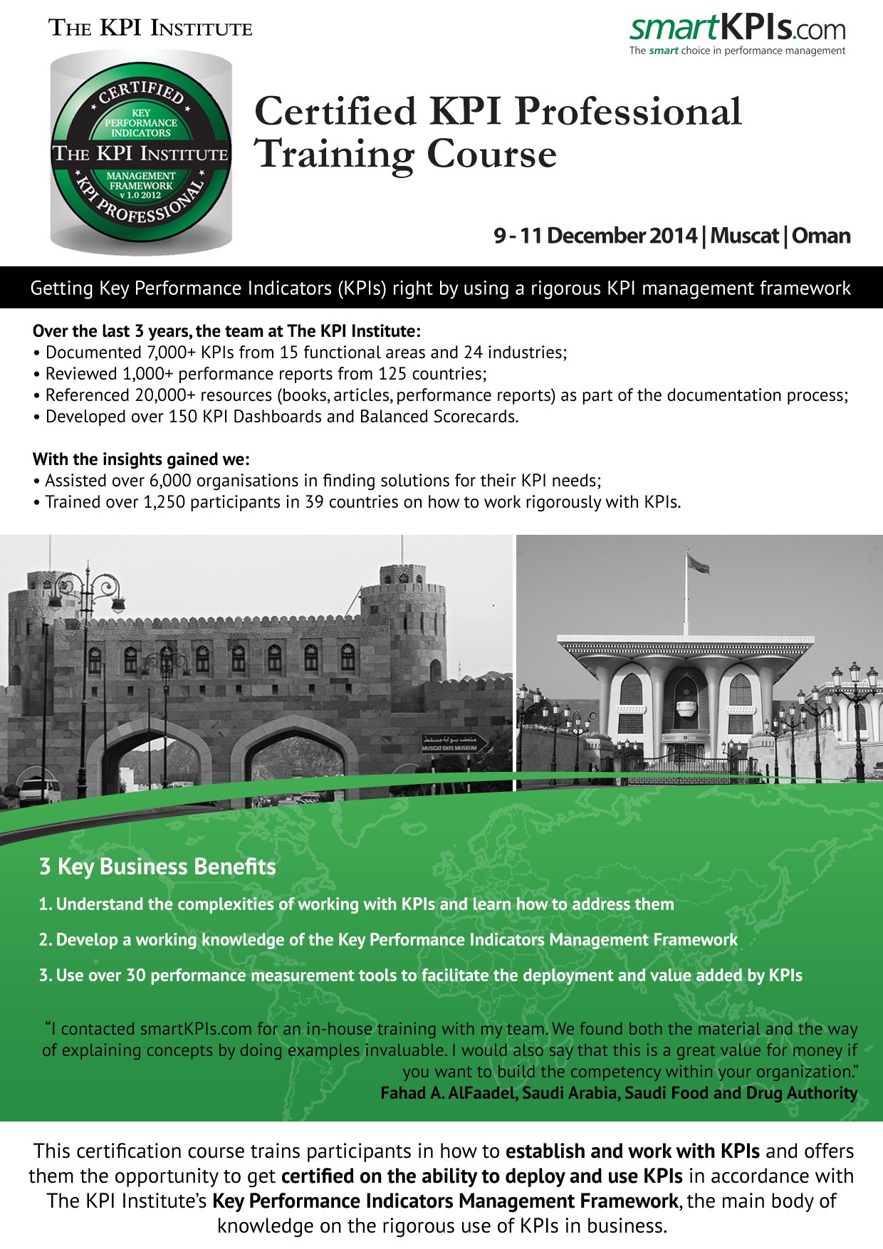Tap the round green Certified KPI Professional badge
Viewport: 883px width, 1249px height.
[141, 153]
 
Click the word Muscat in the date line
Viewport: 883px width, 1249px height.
[744, 236]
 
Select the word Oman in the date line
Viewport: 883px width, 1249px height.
[821, 236]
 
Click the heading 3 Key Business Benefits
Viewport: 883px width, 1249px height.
[157, 867]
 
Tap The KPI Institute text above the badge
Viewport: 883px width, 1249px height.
[150, 28]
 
